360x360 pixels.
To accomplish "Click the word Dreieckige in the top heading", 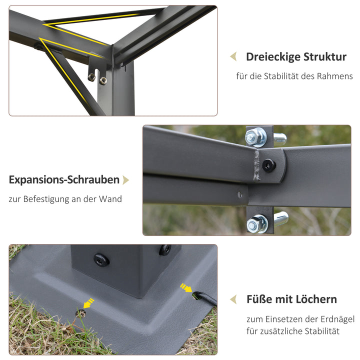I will coord(273,57).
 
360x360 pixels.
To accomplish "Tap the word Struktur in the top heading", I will coord(324,57).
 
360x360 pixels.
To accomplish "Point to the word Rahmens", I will coord(336,76).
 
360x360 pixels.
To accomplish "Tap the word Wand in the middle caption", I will coord(111,199).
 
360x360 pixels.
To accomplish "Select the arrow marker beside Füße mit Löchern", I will coord(233,299).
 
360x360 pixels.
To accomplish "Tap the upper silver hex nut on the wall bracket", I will coord(256,135).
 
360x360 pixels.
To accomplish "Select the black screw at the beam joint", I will coord(269,165).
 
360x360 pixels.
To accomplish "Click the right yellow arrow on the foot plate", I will coord(185,288).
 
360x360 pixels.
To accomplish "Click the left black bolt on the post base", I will coord(101,259).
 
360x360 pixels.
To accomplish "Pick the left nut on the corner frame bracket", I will coord(91,77).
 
